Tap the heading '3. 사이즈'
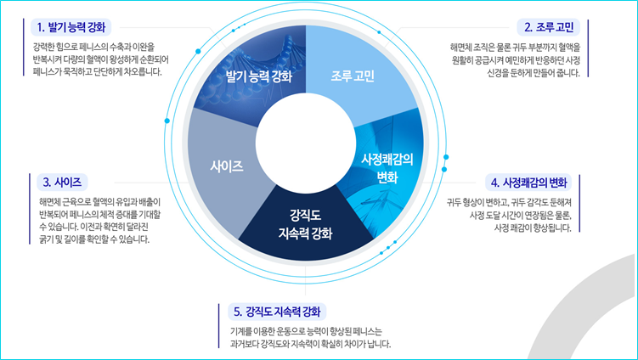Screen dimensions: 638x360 (61, 182)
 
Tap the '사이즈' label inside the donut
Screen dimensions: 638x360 (227, 165)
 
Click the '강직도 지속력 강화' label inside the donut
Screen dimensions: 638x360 (306, 223)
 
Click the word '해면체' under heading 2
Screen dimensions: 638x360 (465, 48)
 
